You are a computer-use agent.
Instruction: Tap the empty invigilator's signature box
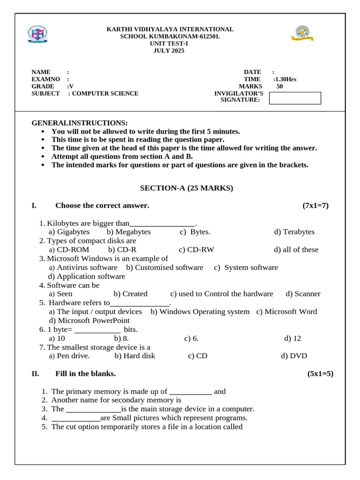[x=295, y=98]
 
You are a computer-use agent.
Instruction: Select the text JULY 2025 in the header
[x=169, y=51]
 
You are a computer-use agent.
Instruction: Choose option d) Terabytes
[x=294, y=232]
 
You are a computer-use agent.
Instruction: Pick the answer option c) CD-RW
[x=196, y=249]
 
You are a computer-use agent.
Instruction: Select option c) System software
[x=246, y=267]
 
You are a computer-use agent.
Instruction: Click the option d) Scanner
[x=303, y=294]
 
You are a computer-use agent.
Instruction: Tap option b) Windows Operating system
[x=200, y=312]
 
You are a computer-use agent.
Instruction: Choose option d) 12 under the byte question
[x=292, y=338]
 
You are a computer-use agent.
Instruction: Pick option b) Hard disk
[x=135, y=356]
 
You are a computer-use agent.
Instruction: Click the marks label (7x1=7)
[x=315, y=205]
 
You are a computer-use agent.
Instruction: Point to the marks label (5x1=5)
[x=320, y=374]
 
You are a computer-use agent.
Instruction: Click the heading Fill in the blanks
[x=85, y=374]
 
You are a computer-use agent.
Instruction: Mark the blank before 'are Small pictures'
[x=75, y=418]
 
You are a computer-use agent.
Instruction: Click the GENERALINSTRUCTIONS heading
[x=79, y=123]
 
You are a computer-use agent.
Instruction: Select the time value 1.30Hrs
[x=285, y=79]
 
